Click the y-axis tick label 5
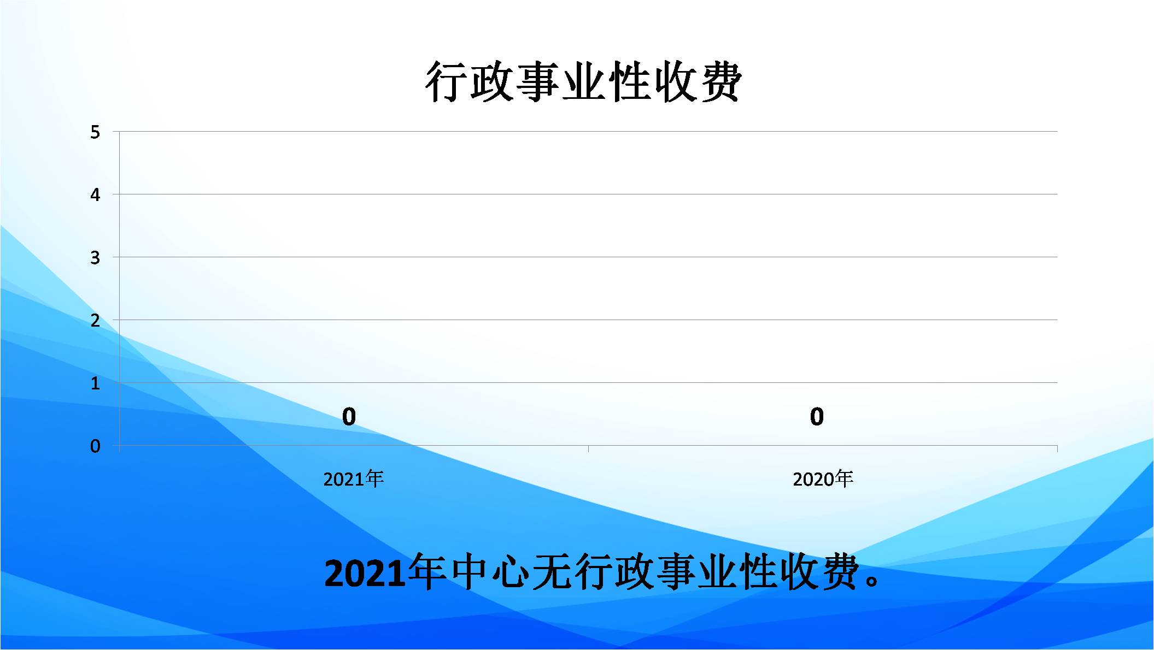click(x=95, y=132)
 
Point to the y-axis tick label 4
click(x=95, y=194)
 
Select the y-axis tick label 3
click(x=95, y=257)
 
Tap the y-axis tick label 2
click(x=95, y=320)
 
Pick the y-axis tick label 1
click(x=95, y=383)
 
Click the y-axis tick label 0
click(x=95, y=446)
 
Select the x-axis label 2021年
click(x=353, y=479)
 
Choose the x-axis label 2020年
click(x=823, y=479)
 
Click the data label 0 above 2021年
click(x=349, y=417)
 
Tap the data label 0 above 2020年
click(x=817, y=417)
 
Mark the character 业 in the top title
click(x=583, y=82)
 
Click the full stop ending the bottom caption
click(x=872, y=581)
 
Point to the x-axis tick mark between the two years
click(x=589, y=449)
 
